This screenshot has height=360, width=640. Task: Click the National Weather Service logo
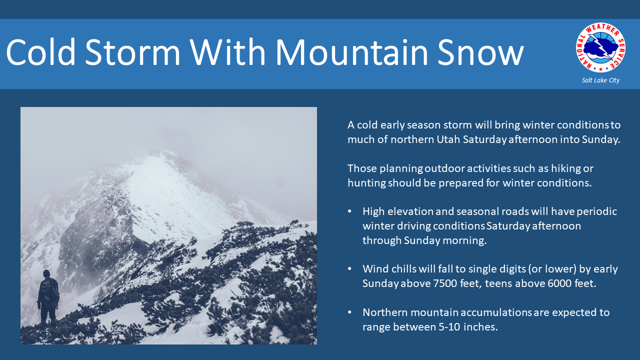point(600,47)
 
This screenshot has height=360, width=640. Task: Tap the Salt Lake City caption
point(600,80)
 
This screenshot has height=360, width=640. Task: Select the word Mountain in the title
point(351,52)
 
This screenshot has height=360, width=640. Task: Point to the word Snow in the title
point(480,52)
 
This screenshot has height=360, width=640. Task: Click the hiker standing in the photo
point(48,298)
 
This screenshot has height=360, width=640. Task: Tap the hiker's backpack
point(50,289)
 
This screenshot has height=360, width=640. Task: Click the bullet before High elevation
point(349,211)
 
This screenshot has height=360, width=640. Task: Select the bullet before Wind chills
point(349,269)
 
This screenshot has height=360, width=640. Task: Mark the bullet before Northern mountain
point(349,312)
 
